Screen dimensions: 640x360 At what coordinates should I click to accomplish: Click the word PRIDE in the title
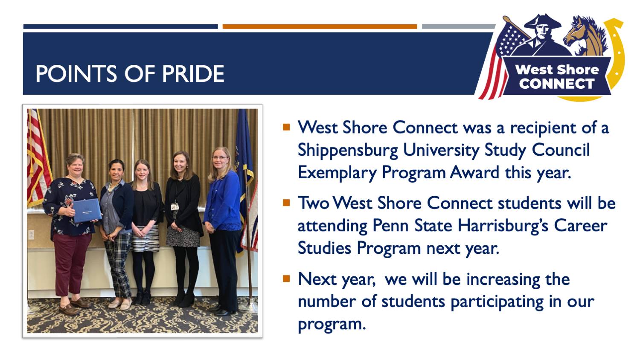tap(193, 73)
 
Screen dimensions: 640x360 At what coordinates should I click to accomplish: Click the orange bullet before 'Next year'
tap(286, 279)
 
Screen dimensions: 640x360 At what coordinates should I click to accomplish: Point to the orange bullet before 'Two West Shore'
tap(286, 203)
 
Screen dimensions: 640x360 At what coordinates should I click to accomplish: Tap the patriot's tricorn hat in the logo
tap(542, 22)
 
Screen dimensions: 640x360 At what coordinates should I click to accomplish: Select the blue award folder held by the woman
tap(87, 211)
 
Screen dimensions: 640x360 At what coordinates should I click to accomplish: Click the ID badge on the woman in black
tap(175, 206)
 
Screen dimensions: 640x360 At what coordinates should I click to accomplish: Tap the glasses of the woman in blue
tap(220, 157)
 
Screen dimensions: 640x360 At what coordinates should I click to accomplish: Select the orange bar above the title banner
tap(320, 26)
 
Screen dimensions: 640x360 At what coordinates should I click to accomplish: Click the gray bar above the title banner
tap(459, 26)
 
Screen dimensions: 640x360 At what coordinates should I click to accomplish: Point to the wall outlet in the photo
tap(31, 235)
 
